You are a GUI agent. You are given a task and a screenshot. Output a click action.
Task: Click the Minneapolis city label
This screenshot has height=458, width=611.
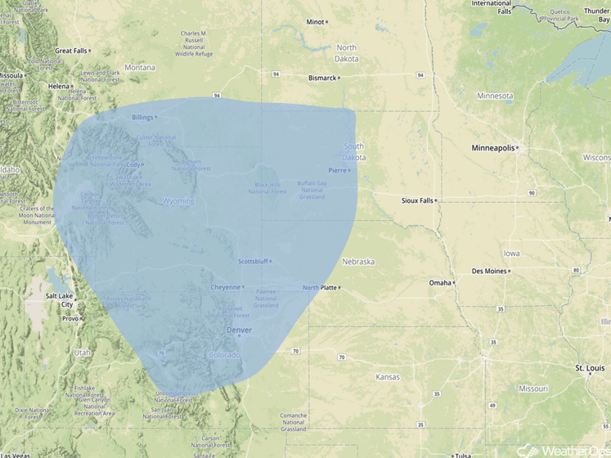(x=493, y=148)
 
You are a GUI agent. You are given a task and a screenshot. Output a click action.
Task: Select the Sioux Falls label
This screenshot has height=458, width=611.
(x=417, y=200)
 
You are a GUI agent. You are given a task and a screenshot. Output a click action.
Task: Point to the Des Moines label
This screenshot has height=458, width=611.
(x=488, y=271)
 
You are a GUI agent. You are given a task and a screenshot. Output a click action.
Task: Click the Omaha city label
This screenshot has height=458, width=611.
(x=440, y=283)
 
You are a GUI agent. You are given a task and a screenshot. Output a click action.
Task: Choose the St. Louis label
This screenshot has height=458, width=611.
(x=589, y=369)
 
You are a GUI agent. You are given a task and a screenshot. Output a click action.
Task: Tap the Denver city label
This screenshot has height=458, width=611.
(x=239, y=330)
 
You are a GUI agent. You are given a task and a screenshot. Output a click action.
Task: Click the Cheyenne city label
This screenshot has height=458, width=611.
(x=225, y=287)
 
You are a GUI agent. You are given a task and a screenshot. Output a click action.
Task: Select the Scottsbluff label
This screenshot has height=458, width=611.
(x=253, y=262)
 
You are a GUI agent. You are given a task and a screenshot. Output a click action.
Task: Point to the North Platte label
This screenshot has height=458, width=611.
(x=319, y=288)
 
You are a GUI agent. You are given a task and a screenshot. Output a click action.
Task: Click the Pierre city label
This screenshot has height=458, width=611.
(x=337, y=170)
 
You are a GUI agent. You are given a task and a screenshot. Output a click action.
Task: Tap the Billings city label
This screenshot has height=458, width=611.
(x=143, y=117)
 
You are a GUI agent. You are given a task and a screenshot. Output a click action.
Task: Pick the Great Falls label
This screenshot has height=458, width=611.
(x=70, y=51)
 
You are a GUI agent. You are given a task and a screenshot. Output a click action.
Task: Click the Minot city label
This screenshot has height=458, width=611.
(x=315, y=21)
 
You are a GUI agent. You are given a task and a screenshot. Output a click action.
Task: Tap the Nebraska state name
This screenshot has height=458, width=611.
(x=358, y=262)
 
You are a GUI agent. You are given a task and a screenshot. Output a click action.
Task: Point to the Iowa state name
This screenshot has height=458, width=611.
(x=511, y=231)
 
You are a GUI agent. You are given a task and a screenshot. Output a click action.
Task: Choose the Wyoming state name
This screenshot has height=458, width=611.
(x=178, y=201)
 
